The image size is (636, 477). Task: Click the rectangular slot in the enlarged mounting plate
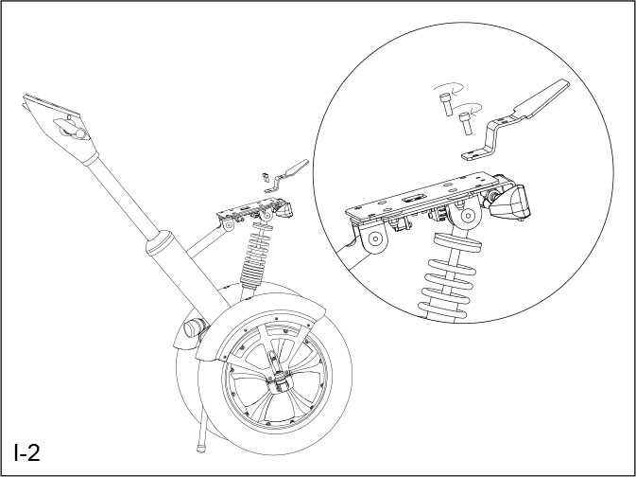pyautogui.click(x=413, y=199)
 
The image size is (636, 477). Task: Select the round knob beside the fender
pyautogui.click(x=193, y=330)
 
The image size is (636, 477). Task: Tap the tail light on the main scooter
pyautogui.click(x=283, y=210)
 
